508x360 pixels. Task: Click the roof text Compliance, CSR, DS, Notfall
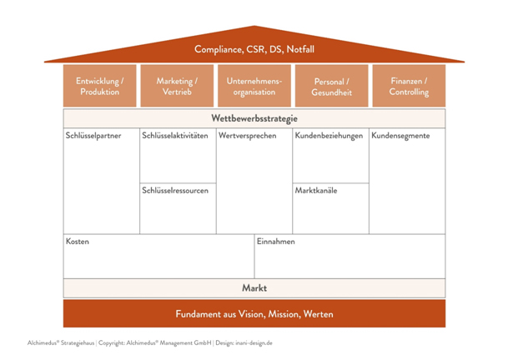pos(254,49)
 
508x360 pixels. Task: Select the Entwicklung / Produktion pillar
pos(100,87)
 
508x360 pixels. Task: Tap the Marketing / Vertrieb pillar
pos(177,87)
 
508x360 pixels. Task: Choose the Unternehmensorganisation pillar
pos(254,87)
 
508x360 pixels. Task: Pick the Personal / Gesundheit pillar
pos(331,87)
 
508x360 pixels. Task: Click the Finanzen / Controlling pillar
pos(408,87)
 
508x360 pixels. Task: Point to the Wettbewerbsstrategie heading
pos(254,118)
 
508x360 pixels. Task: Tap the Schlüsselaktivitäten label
pos(175,136)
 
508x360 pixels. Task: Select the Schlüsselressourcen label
pos(175,191)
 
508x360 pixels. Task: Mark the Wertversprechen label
pos(247,136)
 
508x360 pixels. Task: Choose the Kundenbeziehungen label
pos(329,136)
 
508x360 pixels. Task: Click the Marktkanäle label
pos(316,191)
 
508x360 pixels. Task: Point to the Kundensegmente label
pos(401,136)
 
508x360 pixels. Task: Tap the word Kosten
pos(78,242)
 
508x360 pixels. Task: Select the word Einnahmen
pos(276,242)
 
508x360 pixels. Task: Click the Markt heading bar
pos(254,288)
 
